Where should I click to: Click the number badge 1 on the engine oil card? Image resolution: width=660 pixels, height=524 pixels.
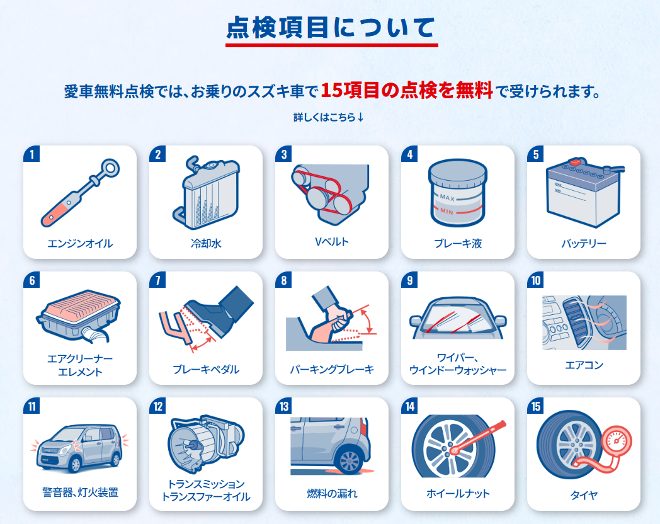click(31, 154)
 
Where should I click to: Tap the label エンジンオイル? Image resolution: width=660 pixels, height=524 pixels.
click(80, 243)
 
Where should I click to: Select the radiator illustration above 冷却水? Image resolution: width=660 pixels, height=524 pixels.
click(207, 192)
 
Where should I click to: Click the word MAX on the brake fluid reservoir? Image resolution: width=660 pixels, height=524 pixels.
click(447, 197)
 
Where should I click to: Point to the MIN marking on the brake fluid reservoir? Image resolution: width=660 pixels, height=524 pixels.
click(447, 211)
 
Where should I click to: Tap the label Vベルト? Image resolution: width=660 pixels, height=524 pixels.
click(332, 242)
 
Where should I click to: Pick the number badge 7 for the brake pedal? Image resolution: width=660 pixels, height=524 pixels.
click(158, 280)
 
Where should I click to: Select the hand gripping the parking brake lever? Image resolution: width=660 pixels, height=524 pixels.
click(334, 321)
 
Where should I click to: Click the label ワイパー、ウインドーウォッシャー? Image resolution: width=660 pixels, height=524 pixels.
click(458, 363)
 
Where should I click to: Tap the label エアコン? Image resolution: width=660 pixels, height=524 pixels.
click(584, 365)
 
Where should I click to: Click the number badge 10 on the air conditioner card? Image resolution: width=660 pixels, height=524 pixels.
click(535, 280)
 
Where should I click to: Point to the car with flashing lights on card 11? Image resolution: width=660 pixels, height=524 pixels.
click(79, 448)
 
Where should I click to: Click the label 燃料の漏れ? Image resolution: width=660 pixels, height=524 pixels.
click(332, 493)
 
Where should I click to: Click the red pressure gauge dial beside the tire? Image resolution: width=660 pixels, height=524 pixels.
click(617, 442)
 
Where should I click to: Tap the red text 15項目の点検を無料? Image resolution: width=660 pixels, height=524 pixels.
click(407, 90)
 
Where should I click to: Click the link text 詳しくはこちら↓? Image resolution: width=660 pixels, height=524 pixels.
click(329, 117)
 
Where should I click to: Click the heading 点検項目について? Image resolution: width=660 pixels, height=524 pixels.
click(331, 27)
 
